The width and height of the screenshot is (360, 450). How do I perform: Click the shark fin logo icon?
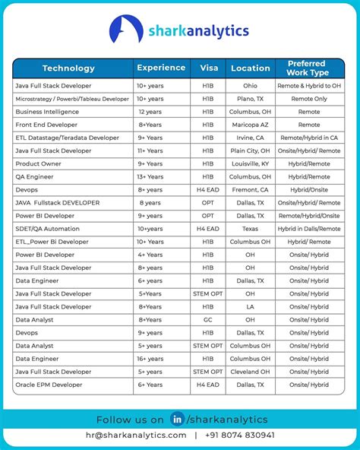126,30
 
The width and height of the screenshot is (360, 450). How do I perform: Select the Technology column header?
68,68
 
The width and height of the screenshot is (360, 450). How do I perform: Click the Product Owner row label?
38,163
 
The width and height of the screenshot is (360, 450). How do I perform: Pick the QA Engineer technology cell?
36,176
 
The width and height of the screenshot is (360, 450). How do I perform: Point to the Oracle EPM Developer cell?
49,385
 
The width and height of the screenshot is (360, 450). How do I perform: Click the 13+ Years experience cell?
150,176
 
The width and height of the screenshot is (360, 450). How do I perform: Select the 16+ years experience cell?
150,359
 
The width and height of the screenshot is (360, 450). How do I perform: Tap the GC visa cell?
208,320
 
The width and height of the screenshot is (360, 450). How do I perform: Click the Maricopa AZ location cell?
250,125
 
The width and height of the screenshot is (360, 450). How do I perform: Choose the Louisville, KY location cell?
250,163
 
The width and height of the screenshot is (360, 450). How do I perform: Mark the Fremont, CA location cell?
250,189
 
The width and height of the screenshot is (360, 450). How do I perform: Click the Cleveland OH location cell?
250,372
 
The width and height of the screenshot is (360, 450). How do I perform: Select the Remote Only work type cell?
309,99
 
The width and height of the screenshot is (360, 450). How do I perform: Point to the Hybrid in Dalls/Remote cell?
309,229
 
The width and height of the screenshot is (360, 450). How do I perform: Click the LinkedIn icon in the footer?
178,419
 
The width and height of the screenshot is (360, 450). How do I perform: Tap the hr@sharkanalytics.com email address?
136,435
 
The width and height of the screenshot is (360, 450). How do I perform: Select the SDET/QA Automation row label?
47,229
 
